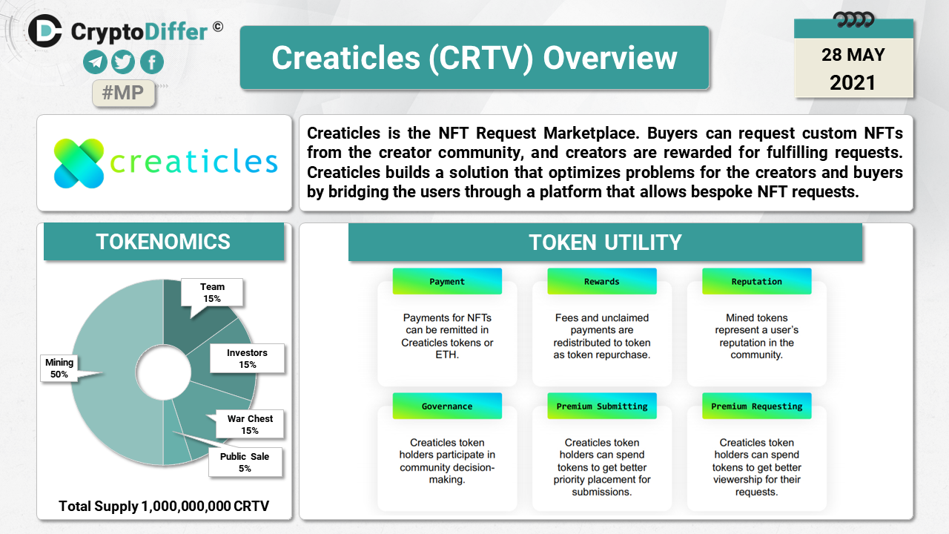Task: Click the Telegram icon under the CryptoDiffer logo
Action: (95, 62)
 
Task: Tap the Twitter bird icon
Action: (123, 62)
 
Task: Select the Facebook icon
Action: (152, 62)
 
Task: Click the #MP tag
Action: (123, 93)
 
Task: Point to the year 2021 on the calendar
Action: (853, 82)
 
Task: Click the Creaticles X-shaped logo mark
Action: (79, 163)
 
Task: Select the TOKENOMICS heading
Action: (164, 242)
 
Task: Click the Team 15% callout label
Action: (212, 292)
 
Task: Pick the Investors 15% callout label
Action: (247, 358)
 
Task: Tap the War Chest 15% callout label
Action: (250, 424)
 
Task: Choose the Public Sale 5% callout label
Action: (245, 462)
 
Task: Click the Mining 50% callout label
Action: (59, 369)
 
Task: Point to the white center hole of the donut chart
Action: (163, 372)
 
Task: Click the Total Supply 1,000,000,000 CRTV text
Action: (164, 506)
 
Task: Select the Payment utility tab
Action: (447, 281)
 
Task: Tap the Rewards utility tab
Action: (601, 281)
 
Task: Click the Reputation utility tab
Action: (757, 281)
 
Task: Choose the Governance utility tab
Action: (447, 406)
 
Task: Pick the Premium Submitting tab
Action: (601, 406)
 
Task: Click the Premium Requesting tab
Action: (757, 406)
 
